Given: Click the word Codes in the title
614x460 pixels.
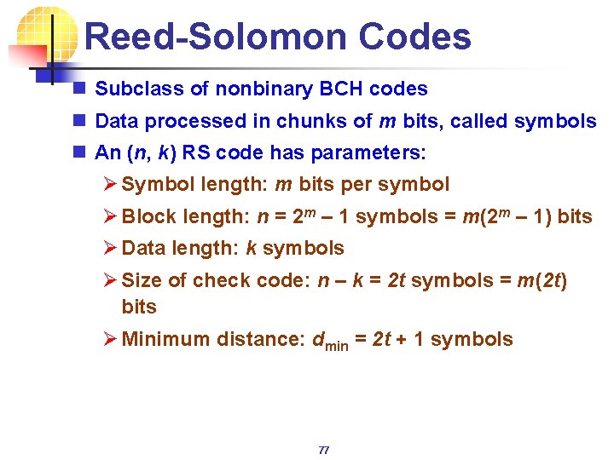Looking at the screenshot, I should point(414,37).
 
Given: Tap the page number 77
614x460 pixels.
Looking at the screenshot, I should point(323,450).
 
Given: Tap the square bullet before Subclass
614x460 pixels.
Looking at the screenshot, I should point(78,89).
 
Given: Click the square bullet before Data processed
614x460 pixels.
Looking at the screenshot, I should point(78,121).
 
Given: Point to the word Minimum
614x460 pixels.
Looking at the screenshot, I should point(165,339).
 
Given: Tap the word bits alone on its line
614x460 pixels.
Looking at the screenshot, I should point(139,307).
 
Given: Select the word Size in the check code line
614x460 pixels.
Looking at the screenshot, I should point(140,280).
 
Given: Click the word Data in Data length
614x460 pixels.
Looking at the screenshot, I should point(142,248).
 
